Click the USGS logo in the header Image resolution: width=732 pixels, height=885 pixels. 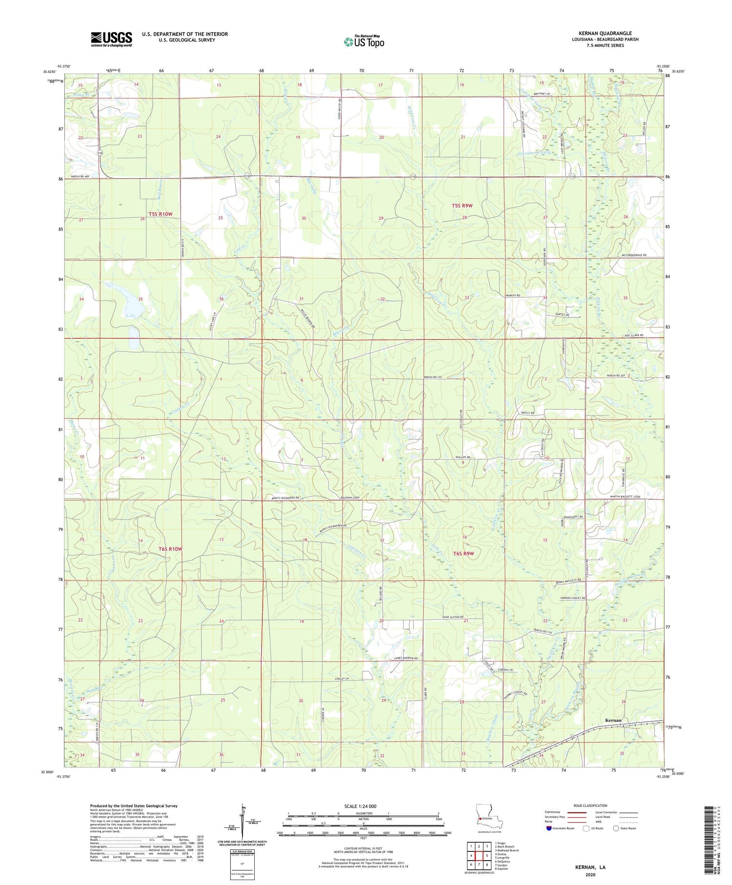[x=111, y=39]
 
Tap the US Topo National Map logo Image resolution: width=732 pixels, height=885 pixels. [x=364, y=42]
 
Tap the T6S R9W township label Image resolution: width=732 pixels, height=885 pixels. [x=464, y=554]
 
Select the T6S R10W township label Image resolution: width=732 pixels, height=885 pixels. [x=170, y=549]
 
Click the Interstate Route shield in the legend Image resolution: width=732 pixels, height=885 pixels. [x=549, y=828]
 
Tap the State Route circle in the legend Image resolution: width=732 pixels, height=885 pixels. [x=616, y=828]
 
